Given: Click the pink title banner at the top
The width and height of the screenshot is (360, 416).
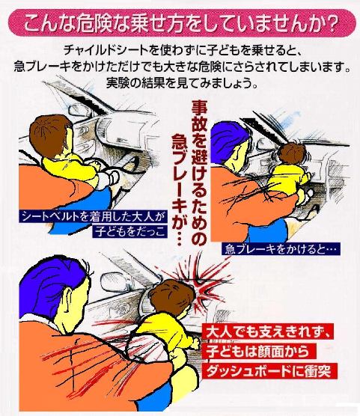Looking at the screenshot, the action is click(182, 23).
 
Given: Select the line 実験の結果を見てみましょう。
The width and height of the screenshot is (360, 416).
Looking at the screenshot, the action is click(182, 82).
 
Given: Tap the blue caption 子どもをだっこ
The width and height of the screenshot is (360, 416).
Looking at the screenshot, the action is click(129, 231).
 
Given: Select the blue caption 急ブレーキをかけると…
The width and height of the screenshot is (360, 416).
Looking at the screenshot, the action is click(281, 249).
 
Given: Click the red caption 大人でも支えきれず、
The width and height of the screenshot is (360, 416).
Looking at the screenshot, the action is click(268, 331).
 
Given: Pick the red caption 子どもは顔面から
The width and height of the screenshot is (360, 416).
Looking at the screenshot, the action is click(259, 351).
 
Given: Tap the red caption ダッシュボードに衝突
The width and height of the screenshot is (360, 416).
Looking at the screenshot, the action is click(270, 370).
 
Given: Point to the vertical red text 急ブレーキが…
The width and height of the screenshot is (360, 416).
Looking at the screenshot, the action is click(180, 189).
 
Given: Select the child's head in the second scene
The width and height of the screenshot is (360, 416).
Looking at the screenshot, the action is click(292, 154).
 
